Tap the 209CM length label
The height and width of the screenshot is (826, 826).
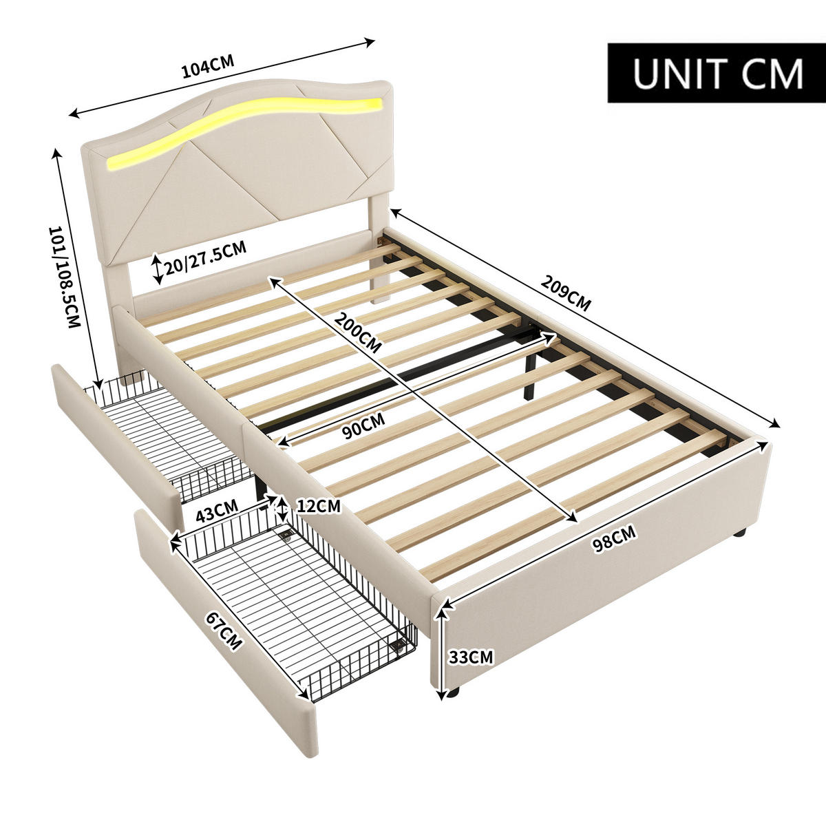[x=566, y=293]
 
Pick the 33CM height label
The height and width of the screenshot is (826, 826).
[x=471, y=657]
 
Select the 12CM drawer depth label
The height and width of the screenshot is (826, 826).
[x=317, y=506]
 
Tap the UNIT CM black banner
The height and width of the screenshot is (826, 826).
[x=716, y=73]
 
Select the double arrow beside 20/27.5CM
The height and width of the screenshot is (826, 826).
[x=157, y=269]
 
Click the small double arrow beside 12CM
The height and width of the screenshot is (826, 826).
[x=280, y=508]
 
